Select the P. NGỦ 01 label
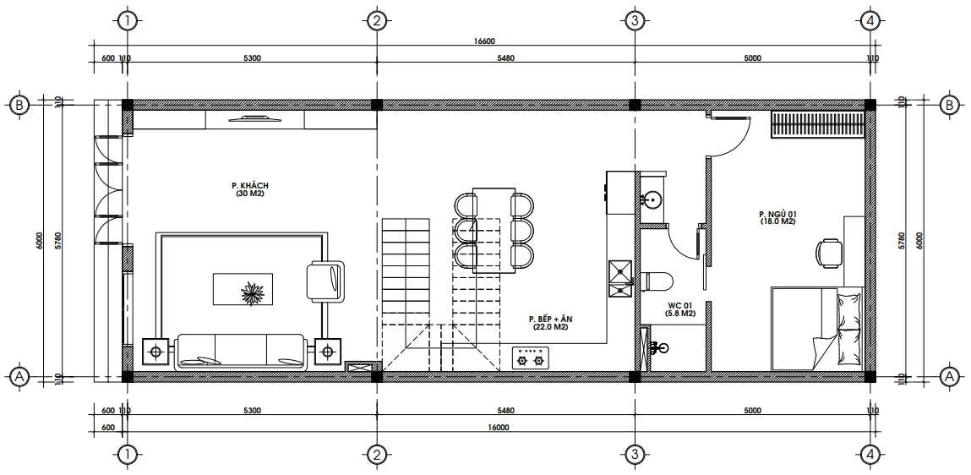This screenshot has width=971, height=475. pos(777,214)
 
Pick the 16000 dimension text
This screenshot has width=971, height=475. pos(499,427)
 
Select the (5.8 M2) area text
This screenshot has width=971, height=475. pos(680,313)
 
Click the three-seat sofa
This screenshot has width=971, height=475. pos(241,351)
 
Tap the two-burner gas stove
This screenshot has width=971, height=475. pos(531,358)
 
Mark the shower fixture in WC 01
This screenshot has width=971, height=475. pos(658,347)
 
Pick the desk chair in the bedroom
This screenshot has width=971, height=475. pos(829,252)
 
